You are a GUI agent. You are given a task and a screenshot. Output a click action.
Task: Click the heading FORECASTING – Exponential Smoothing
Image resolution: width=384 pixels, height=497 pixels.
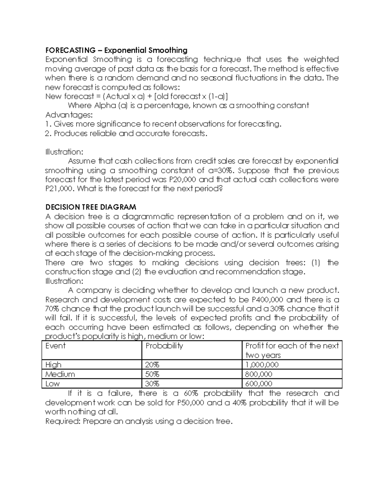coord(116,50)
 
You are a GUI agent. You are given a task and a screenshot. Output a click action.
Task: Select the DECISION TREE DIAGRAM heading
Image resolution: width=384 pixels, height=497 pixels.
coord(91,207)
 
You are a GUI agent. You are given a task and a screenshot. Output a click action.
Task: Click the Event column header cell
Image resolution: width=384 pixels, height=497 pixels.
coord(55,346)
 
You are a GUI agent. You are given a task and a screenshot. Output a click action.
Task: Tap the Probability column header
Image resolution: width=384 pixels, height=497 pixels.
coord(164,346)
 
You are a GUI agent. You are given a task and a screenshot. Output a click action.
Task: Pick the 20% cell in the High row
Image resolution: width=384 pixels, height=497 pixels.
coord(152,365)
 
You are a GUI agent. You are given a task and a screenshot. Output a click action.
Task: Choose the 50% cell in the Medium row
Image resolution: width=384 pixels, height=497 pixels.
coord(152,374)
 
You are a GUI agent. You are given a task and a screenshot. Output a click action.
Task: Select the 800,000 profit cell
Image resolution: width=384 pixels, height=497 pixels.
coord(259,374)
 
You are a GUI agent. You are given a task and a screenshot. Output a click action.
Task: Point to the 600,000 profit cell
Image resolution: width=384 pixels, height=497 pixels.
coord(259,384)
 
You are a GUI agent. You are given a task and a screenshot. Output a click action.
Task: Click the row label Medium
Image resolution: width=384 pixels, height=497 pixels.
coord(60,374)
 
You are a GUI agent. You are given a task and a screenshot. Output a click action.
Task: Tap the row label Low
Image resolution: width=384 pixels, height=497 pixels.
coord(52,384)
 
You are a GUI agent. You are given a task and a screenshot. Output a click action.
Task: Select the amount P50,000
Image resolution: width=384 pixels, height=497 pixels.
coord(190,403)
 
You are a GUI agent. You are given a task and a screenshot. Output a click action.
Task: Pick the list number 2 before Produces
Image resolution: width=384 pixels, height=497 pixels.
coord(48,133)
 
